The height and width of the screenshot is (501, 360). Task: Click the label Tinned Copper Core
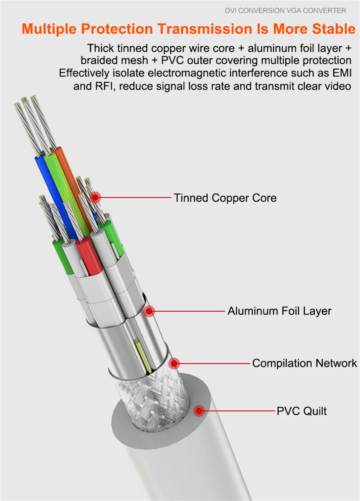click(225, 198)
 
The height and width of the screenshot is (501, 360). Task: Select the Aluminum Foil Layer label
click(279, 311)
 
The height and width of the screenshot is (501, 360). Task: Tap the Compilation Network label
click(304, 363)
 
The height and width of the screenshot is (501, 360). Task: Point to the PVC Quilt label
click(301, 411)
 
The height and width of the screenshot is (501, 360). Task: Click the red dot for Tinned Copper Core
click(96, 197)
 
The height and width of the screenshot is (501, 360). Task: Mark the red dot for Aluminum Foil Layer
click(149, 311)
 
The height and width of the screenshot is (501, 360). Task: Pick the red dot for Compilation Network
click(174, 363)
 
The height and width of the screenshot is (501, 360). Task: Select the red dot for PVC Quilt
click(199, 411)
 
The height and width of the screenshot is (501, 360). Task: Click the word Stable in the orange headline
click(334, 29)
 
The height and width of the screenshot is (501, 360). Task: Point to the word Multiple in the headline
click(49, 29)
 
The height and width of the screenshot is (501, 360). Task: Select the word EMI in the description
click(342, 73)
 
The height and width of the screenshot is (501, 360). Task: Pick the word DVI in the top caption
click(231, 10)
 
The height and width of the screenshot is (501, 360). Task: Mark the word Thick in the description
click(100, 48)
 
